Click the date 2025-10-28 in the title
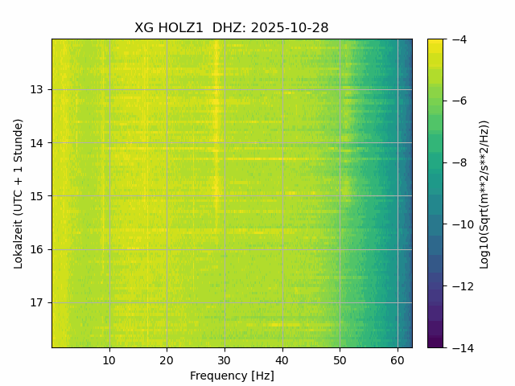[290, 28]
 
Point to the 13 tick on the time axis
[38, 89]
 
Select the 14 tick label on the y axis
[38, 143]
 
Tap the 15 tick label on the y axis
[38, 196]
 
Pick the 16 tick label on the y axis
[38, 249]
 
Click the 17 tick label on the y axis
[38, 303]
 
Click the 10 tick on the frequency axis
[109, 359]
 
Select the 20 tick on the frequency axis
[167, 359]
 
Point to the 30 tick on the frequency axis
[225, 359]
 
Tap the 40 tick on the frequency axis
[282, 359]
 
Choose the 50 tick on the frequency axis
[340, 359]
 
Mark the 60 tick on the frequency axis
[398, 359]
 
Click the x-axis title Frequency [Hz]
[232, 376]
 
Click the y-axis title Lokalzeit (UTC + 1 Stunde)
[18, 193]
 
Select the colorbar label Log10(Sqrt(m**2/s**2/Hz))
[484, 193]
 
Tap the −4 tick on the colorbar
[456, 39]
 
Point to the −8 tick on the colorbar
[456, 162]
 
